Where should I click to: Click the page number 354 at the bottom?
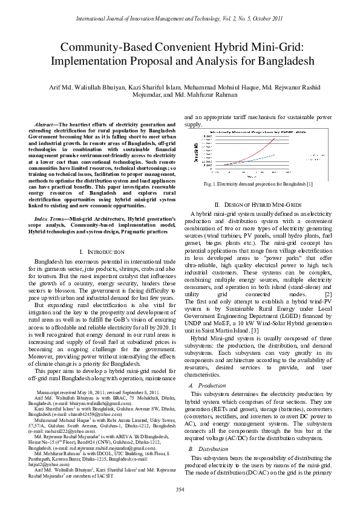(180, 488)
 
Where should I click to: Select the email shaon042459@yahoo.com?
(91, 398)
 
